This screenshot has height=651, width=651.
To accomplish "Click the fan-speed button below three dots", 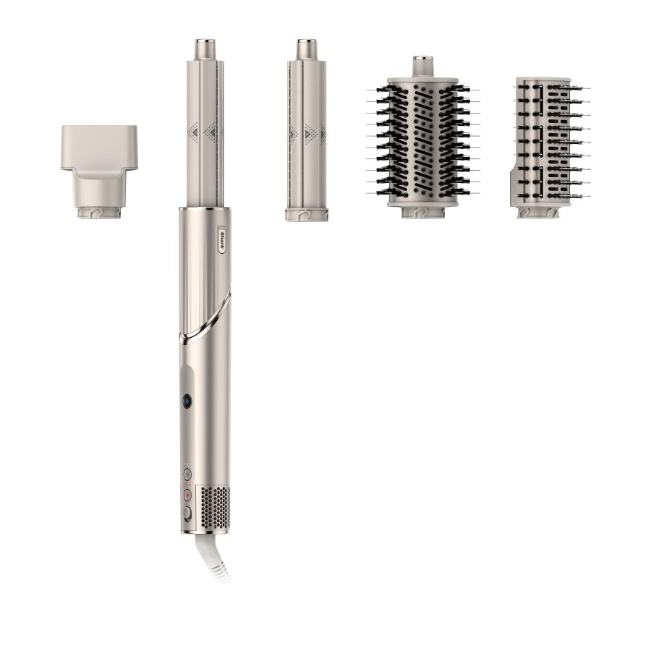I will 187,475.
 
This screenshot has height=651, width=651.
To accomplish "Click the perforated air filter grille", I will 214,506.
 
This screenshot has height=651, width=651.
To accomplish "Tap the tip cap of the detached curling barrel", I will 306,50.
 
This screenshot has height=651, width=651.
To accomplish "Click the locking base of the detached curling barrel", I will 306,214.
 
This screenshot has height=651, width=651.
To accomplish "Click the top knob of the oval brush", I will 423,66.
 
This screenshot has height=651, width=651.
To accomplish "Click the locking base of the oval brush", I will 423,213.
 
